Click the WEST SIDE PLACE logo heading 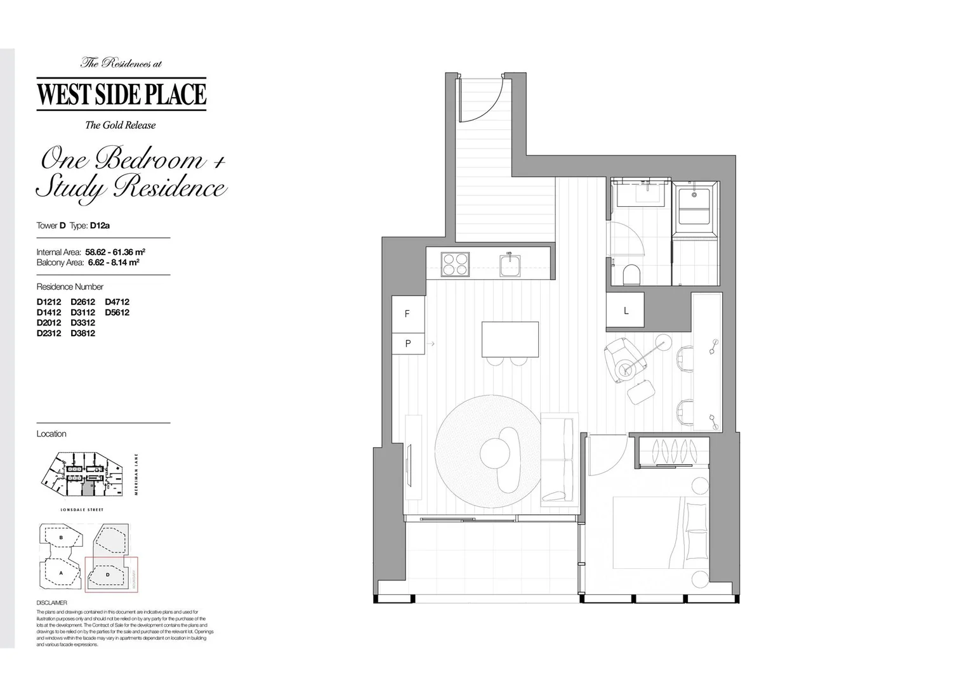point(121,94)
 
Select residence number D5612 point(117,312)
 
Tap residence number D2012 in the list point(49,322)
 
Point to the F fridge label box point(407,314)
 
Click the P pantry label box point(408,344)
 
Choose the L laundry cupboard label point(626,311)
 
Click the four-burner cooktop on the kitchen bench point(456,264)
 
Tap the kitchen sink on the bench point(510,265)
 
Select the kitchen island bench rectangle point(510,339)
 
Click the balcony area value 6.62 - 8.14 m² point(114,262)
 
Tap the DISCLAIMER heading point(51,603)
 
